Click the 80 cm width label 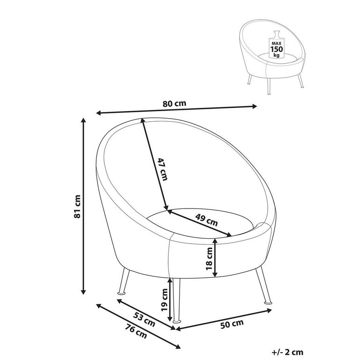click(x=174, y=104)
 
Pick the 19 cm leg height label click(x=164, y=299)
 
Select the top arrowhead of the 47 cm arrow click(x=143, y=121)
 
